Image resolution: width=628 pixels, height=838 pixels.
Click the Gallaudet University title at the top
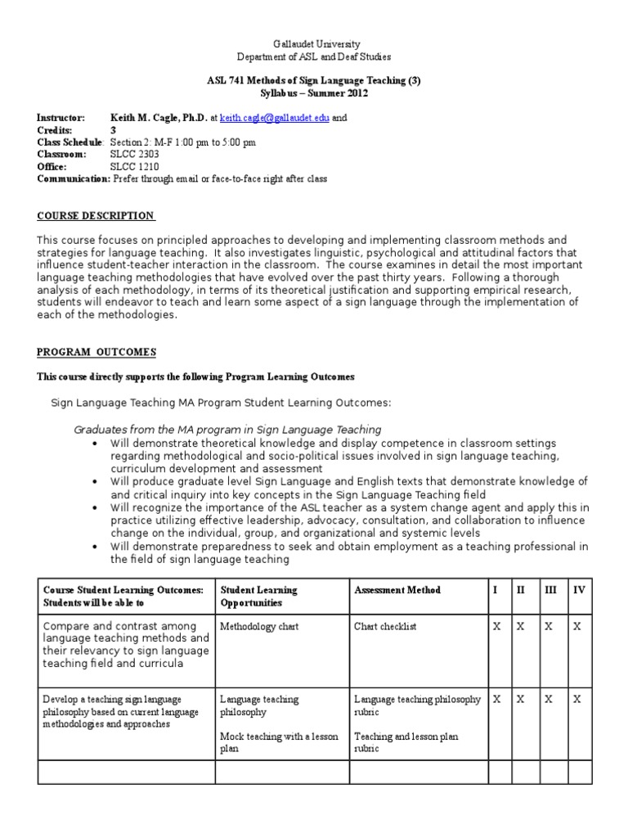click(x=315, y=43)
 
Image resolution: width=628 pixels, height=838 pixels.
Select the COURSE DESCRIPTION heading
click(x=96, y=215)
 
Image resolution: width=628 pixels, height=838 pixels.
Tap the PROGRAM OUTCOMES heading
click(x=96, y=352)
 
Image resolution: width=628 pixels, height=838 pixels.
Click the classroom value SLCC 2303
click(x=135, y=154)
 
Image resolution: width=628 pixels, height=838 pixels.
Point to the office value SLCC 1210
click(x=135, y=166)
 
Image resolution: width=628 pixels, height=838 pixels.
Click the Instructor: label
click(x=61, y=118)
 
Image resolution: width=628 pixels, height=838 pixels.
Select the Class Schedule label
click(x=71, y=142)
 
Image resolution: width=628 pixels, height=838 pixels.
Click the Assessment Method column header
click(x=397, y=590)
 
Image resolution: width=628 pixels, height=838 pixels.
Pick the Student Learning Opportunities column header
click(x=258, y=596)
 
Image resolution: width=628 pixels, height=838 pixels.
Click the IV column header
click(x=579, y=590)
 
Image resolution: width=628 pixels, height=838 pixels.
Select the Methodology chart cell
click(x=259, y=626)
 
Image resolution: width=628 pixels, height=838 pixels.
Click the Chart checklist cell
click(x=385, y=626)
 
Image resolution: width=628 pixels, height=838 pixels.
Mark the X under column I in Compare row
click(x=496, y=626)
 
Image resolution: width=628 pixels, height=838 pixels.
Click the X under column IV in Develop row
click(x=578, y=700)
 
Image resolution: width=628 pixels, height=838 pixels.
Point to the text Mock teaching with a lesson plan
click(x=278, y=742)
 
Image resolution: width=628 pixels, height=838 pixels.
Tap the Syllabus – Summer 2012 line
click(x=314, y=93)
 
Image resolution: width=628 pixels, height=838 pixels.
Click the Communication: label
click(x=73, y=178)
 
